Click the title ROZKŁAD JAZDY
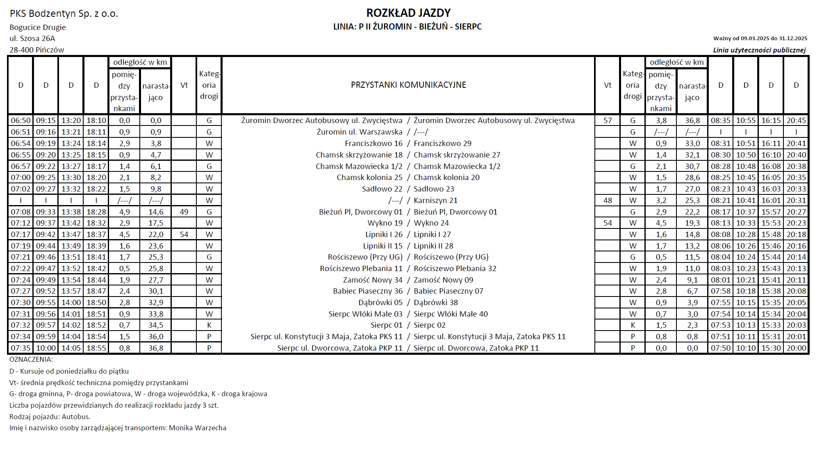pos(408,13)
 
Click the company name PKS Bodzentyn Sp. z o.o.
pos(64,14)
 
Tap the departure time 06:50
pos(20,121)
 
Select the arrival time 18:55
pos(96,348)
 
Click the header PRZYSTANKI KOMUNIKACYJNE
pos(408,85)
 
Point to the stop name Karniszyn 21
pos(435,201)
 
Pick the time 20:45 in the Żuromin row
pos(796,121)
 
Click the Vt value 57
pos(608,121)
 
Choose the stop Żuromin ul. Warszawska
pos(360,132)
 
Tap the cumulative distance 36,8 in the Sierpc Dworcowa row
pos(156,348)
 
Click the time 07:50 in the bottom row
pos(721,348)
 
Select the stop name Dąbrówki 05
pos(380,303)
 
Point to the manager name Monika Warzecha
pos(198,428)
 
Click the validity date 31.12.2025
pos(793,39)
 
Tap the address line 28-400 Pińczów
pos(37,50)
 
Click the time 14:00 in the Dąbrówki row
pos(71,303)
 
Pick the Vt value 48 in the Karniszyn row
pos(608,201)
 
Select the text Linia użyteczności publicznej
pos(759,50)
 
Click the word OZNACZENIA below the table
pos(31,359)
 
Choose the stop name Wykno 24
pos(431,223)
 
